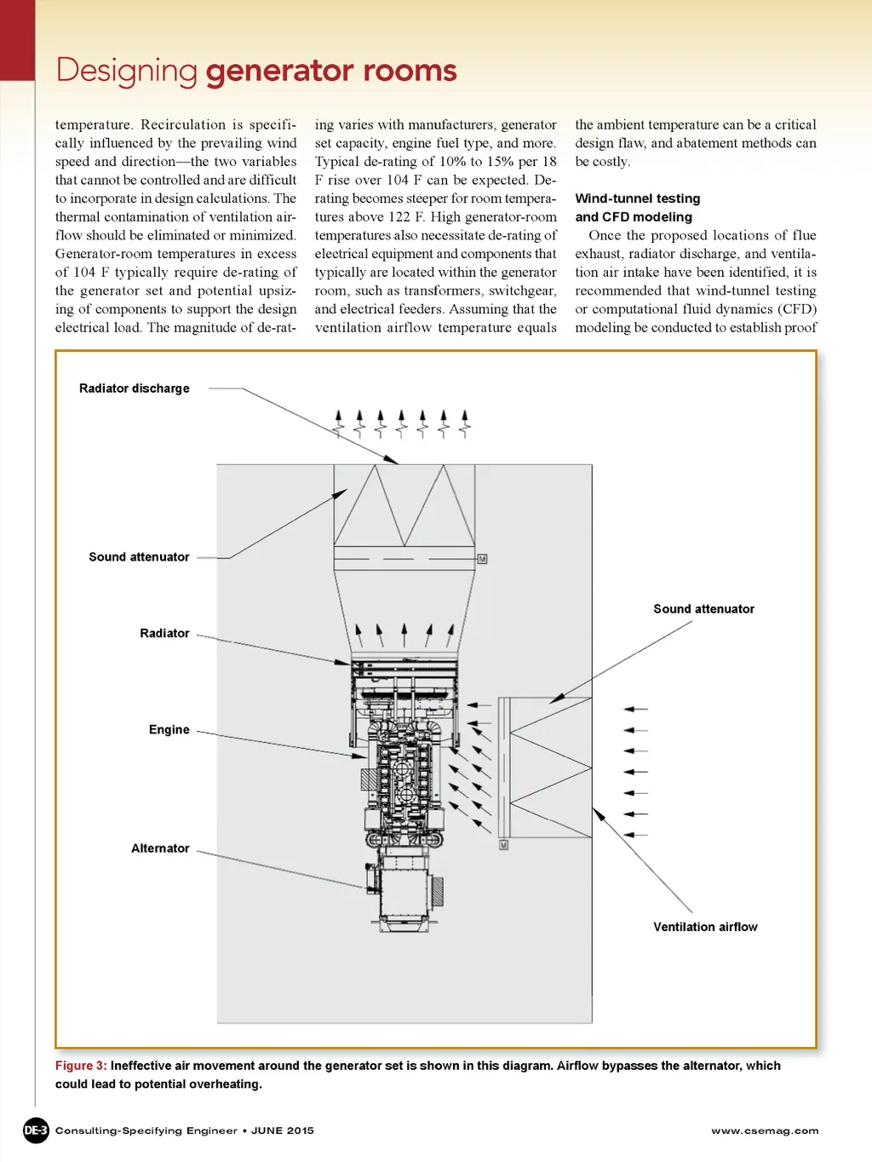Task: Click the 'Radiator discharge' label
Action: [134, 388]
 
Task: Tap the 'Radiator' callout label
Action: [164, 633]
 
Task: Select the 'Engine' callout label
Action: [169, 729]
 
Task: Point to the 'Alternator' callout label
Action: [160, 848]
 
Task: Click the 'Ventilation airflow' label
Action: [705, 926]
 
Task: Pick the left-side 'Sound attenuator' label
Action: [139, 557]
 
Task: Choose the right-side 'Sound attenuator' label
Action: [703, 609]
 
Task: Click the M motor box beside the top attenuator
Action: [482, 559]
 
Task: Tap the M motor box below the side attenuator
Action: [503, 845]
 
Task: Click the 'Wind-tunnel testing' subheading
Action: [638, 198]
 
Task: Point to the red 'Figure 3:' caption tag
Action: [81, 1066]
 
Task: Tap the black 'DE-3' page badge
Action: [36, 1130]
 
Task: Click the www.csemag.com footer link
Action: [765, 1130]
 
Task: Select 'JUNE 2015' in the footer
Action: [283, 1130]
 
